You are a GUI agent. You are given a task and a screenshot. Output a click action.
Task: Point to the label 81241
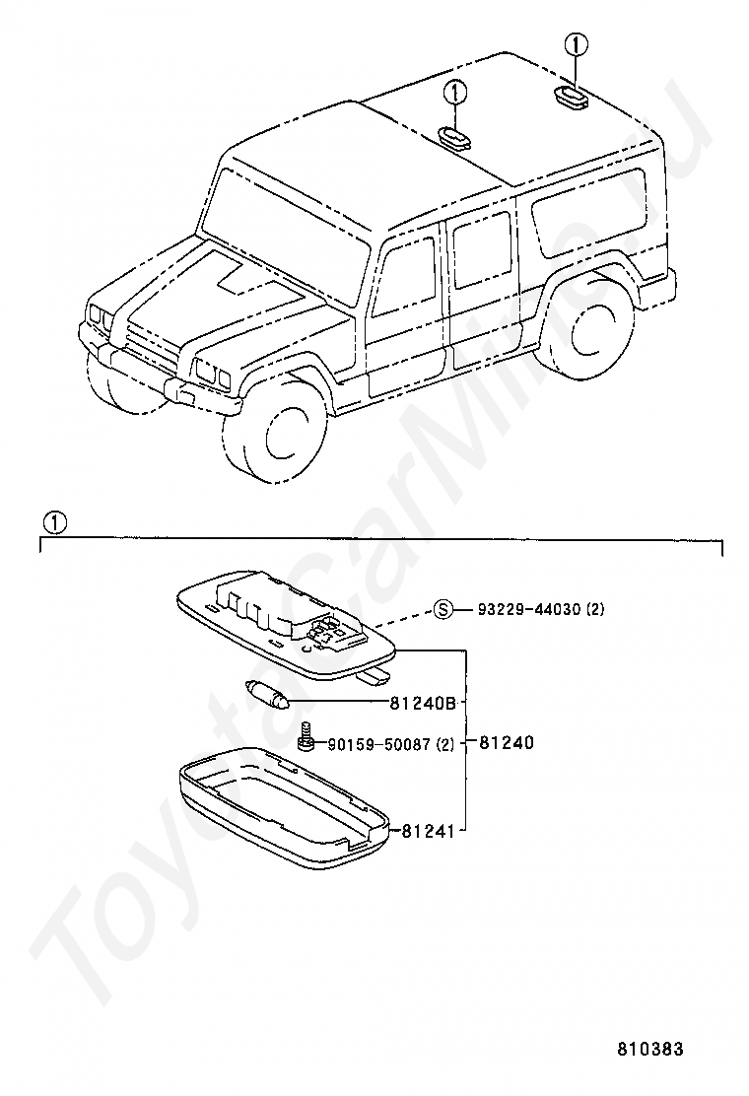click(x=428, y=831)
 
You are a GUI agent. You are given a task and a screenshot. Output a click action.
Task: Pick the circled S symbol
click(x=443, y=610)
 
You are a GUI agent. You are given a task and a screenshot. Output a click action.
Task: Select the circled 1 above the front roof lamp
click(x=454, y=93)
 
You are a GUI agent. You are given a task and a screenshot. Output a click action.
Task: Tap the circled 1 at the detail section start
click(x=54, y=522)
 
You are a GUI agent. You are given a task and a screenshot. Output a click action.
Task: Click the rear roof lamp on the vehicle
click(x=570, y=96)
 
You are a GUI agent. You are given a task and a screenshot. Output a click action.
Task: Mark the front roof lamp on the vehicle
click(x=453, y=137)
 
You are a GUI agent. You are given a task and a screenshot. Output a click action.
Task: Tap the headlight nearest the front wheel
click(x=210, y=373)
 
